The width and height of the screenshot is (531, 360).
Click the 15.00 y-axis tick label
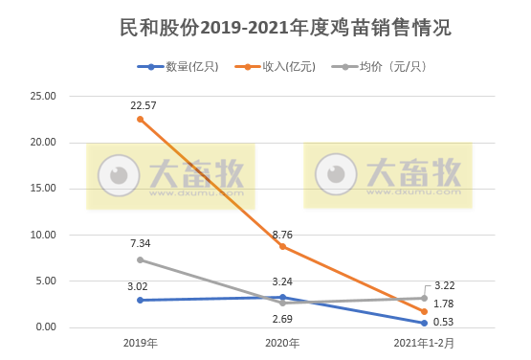coord(44,189)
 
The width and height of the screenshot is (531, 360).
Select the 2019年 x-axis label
coord(141,343)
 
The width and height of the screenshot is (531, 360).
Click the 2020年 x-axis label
coord(282,343)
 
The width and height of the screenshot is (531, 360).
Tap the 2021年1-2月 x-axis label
coord(424,343)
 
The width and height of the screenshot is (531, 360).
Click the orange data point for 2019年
coord(141,119)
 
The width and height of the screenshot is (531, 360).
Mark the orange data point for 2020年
coord(282,246)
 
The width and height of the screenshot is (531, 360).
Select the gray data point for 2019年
coord(141,259)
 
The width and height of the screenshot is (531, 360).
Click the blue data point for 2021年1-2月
coord(424,323)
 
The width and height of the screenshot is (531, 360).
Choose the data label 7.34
coord(143,244)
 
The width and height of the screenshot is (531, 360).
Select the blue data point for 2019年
coord(141,300)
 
